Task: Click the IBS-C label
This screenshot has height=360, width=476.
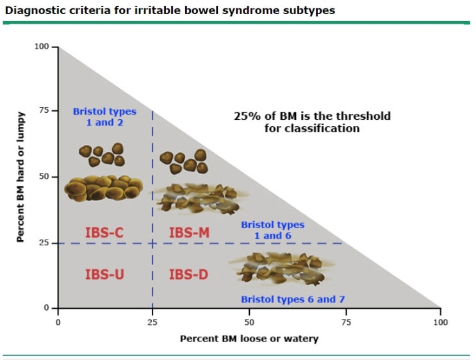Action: point(104,233)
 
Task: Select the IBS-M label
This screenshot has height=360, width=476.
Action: point(189,233)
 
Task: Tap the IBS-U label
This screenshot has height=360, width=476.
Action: point(104,274)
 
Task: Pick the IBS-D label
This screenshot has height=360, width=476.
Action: point(188,274)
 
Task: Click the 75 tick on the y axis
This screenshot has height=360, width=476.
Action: point(45,110)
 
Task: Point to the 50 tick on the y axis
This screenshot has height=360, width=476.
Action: point(45,176)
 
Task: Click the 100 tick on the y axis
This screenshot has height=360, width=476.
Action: point(42,47)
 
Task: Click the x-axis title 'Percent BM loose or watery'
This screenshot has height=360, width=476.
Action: point(249,338)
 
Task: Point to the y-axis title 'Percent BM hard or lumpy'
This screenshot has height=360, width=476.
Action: point(21,177)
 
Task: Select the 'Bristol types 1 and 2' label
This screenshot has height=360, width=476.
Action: point(104,117)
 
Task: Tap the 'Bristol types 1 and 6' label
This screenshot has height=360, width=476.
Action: point(272,230)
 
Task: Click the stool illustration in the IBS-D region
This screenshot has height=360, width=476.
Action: point(277,268)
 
